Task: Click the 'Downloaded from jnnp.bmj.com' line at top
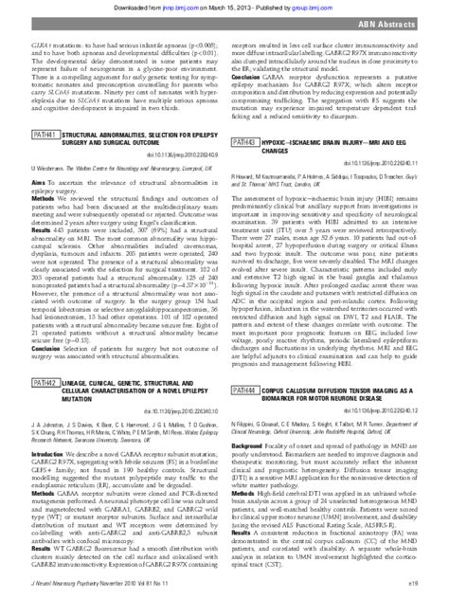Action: [x=224, y=7]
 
